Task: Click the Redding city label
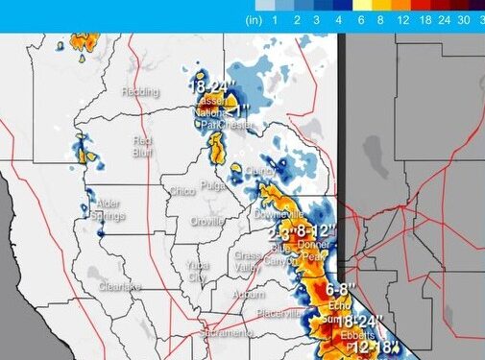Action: (x=139, y=91)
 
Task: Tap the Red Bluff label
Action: (x=142, y=145)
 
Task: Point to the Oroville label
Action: (x=206, y=221)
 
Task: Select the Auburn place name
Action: (x=248, y=295)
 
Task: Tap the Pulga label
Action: (x=212, y=185)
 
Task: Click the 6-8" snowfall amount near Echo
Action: (x=342, y=288)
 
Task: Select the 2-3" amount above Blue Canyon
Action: (x=278, y=233)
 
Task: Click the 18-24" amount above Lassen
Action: (x=210, y=87)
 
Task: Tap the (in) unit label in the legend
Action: (x=255, y=19)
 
